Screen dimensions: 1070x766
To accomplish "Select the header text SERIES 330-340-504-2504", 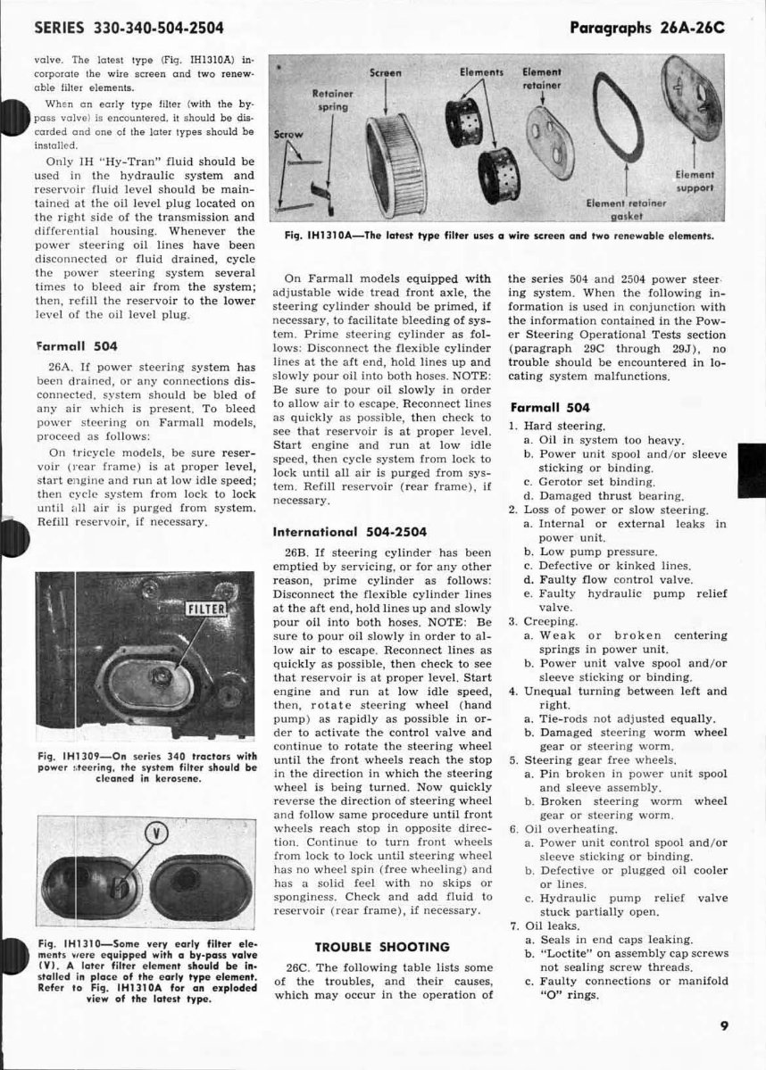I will [129, 28].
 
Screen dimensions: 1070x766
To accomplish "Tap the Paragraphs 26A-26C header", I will [645, 28].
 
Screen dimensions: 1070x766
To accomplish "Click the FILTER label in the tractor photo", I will [207, 610].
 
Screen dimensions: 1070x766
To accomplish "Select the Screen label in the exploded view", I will [385, 72].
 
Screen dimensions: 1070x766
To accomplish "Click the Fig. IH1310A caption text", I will [497, 236].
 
